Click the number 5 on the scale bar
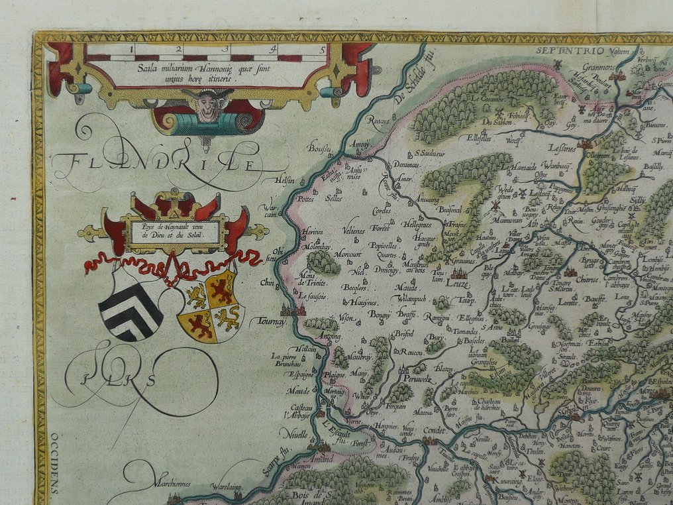(x=322, y=48)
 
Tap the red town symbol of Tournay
(x=291, y=309)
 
